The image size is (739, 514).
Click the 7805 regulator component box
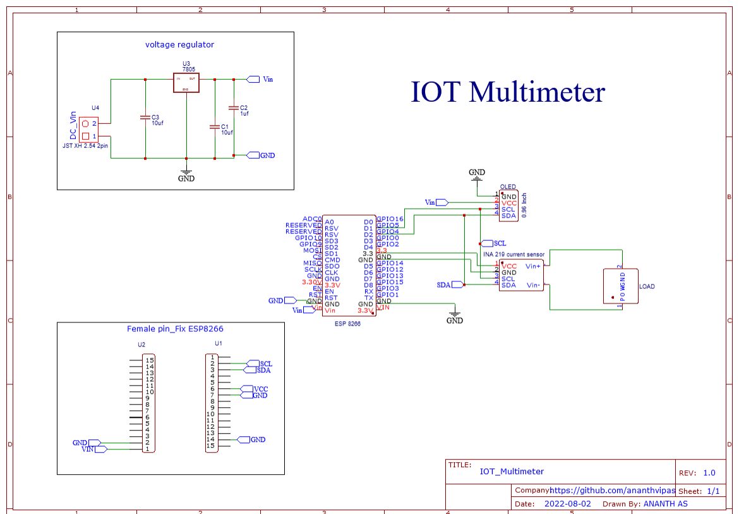[186, 83]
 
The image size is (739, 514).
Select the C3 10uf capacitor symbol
[145, 118]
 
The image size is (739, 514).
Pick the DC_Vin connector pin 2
[86, 124]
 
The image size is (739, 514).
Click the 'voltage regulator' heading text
[179, 44]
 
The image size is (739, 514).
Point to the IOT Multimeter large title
[508, 92]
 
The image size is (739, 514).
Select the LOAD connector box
[620, 286]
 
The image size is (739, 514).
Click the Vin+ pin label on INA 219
[534, 267]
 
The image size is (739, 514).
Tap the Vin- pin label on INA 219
[534, 285]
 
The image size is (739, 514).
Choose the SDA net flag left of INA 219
[445, 285]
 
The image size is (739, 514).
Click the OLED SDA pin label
[508, 216]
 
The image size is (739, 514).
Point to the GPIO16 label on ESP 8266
[390, 219]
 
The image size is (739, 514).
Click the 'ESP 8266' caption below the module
[348, 322]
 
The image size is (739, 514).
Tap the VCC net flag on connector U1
[261, 389]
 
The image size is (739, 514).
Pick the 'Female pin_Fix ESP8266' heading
[175, 329]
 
